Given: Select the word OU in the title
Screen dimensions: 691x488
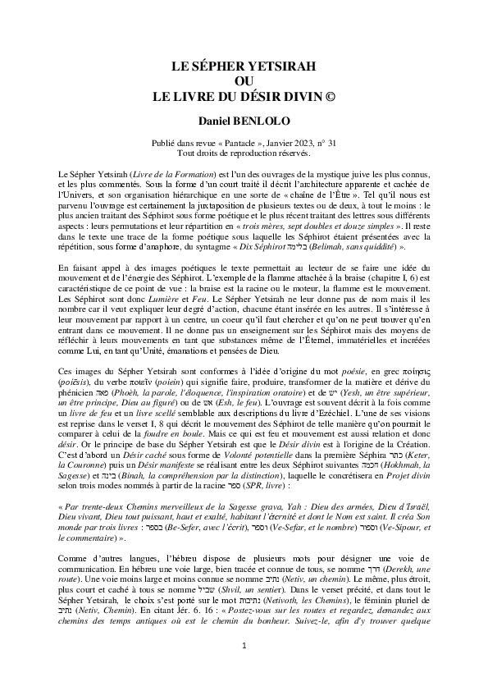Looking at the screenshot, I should tap(244, 80).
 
